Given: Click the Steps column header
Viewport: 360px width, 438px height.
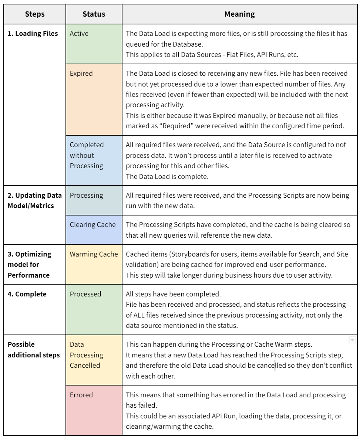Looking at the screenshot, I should (35, 14).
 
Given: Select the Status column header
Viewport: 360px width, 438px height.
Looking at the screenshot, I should (94, 14).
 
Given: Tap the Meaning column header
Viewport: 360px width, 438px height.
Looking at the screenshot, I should (239, 14).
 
